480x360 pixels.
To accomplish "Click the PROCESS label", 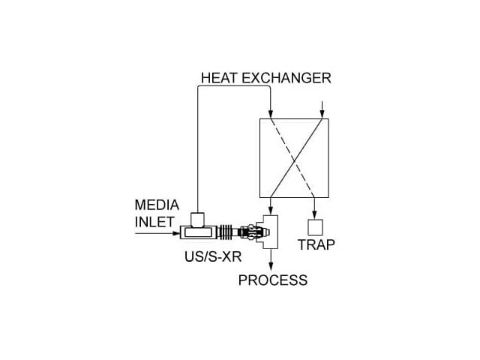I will click(272, 280).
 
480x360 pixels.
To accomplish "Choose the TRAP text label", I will click(316, 244).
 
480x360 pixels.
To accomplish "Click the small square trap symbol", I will click(316, 225).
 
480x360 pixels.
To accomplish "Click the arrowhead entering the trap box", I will click(316, 214).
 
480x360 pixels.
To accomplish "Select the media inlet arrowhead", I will click(176, 232).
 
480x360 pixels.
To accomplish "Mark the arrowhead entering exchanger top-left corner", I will click(271, 113).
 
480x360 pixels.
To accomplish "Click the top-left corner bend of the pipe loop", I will click(196, 87).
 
